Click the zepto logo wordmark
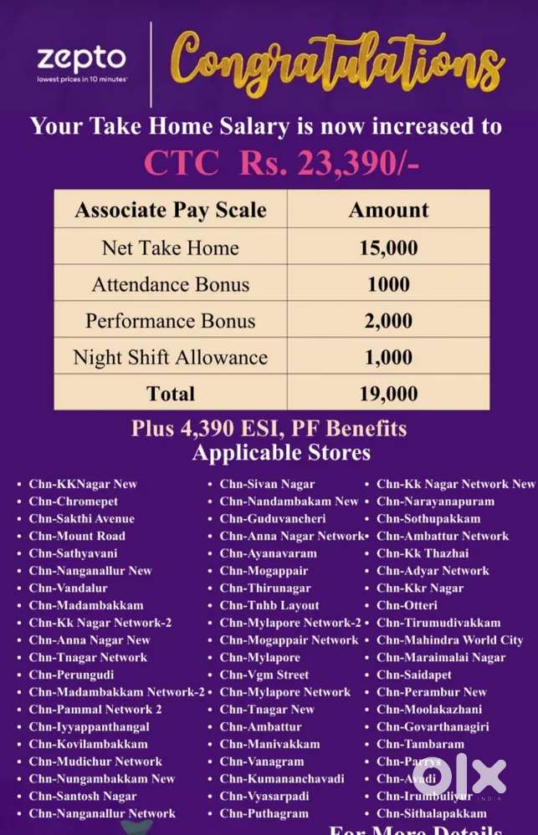[81, 59]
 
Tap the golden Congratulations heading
[339, 61]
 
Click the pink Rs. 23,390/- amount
[329, 163]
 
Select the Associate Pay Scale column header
[170, 210]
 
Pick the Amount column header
[388, 210]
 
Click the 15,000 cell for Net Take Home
[388, 248]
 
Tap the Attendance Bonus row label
[170, 284]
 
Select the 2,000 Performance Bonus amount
[388, 321]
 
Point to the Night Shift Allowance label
[170, 358]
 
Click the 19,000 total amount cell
[388, 394]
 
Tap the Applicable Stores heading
[281, 453]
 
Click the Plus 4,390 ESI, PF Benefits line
[269, 430]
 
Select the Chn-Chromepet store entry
[74, 502]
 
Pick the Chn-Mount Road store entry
[77, 536]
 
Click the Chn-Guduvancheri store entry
[273, 519]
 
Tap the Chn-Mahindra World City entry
[449, 640]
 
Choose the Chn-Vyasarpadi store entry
[264, 796]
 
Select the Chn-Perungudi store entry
[71, 675]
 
